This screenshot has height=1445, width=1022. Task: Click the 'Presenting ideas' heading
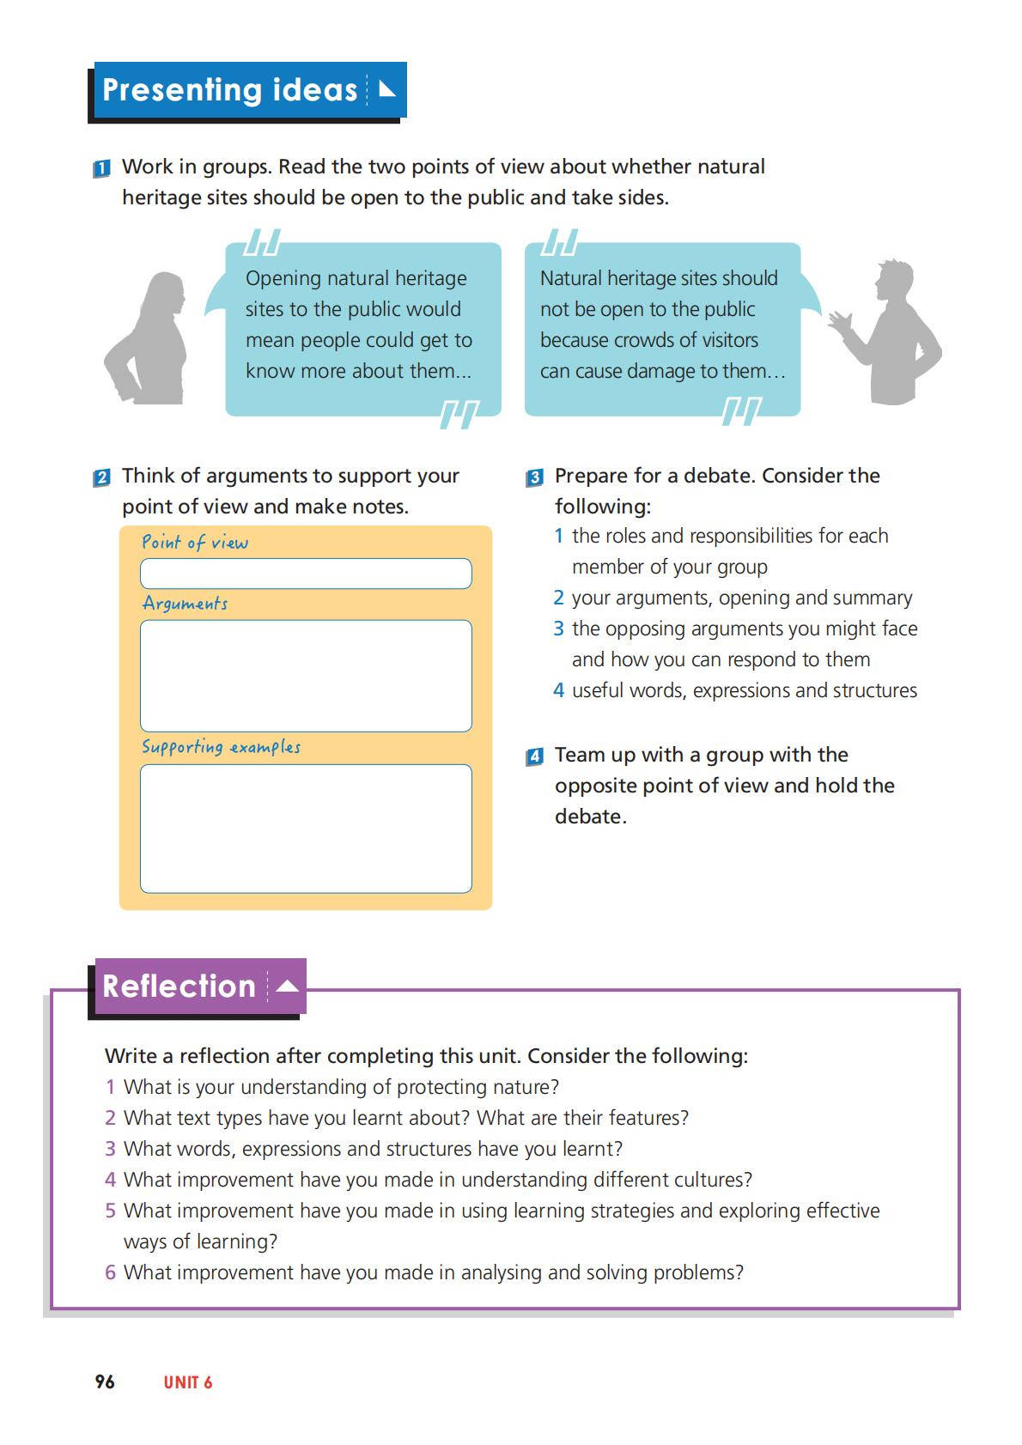pyautogui.click(x=229, y=90)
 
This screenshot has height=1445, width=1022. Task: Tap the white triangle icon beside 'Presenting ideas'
pyautogui.click(x=386, y=88)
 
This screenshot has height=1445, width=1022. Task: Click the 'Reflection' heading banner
pyautogui.click(x=179, y=986)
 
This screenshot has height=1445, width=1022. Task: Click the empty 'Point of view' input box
pyautogui.click(x=306, y=574)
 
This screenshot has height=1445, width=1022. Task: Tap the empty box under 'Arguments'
pyautogui.click(x=306, y=676)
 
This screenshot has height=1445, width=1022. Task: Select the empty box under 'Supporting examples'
pyautogui.click(x=306, y=829)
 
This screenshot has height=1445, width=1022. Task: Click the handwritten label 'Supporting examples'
pyautogui.click(x=221, y=747)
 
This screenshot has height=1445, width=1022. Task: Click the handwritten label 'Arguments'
pyautogui.click(x=185, y=604)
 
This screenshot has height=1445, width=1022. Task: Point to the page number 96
pyautogui.click(x=105, y=1381)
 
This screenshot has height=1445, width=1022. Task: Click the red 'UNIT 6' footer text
pyautogui.click(x=188, y=1382)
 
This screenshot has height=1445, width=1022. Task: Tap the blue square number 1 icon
pyautogui.click(x=101, y=169)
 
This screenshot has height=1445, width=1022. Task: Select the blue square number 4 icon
pyautogui.click(x=534, y=757)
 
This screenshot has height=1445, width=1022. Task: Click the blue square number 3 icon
pyautogui.click(x=534, y=478)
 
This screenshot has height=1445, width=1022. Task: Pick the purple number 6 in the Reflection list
pyautogui.click(x=110, y=1272)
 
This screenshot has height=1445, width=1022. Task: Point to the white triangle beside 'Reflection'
pyautogui.click(x=288, y=986)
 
